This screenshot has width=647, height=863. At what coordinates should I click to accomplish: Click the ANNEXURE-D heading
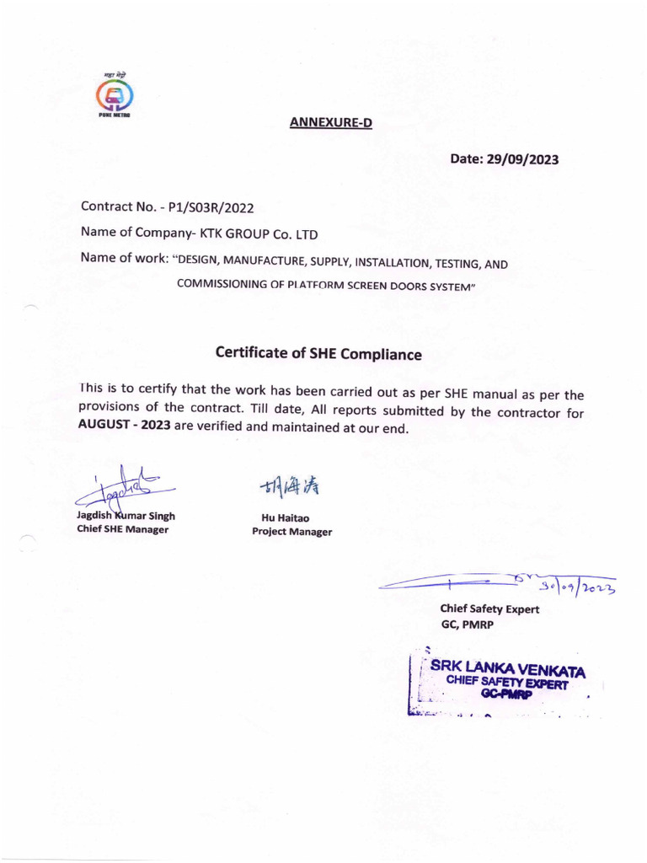330,123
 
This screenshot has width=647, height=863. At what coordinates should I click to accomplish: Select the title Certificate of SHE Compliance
318,354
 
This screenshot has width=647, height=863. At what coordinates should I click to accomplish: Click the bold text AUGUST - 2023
124,426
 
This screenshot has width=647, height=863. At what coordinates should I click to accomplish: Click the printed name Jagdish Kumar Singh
126,516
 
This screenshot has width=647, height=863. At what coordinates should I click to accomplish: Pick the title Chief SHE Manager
122,529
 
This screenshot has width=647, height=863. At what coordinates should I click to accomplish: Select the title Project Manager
291,532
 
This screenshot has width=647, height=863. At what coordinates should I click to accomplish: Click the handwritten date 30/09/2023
581,584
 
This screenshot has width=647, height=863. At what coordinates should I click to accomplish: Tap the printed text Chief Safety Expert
489,609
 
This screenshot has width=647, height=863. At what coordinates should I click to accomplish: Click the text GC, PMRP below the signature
468,624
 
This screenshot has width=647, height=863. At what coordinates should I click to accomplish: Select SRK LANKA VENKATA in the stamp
506,670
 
